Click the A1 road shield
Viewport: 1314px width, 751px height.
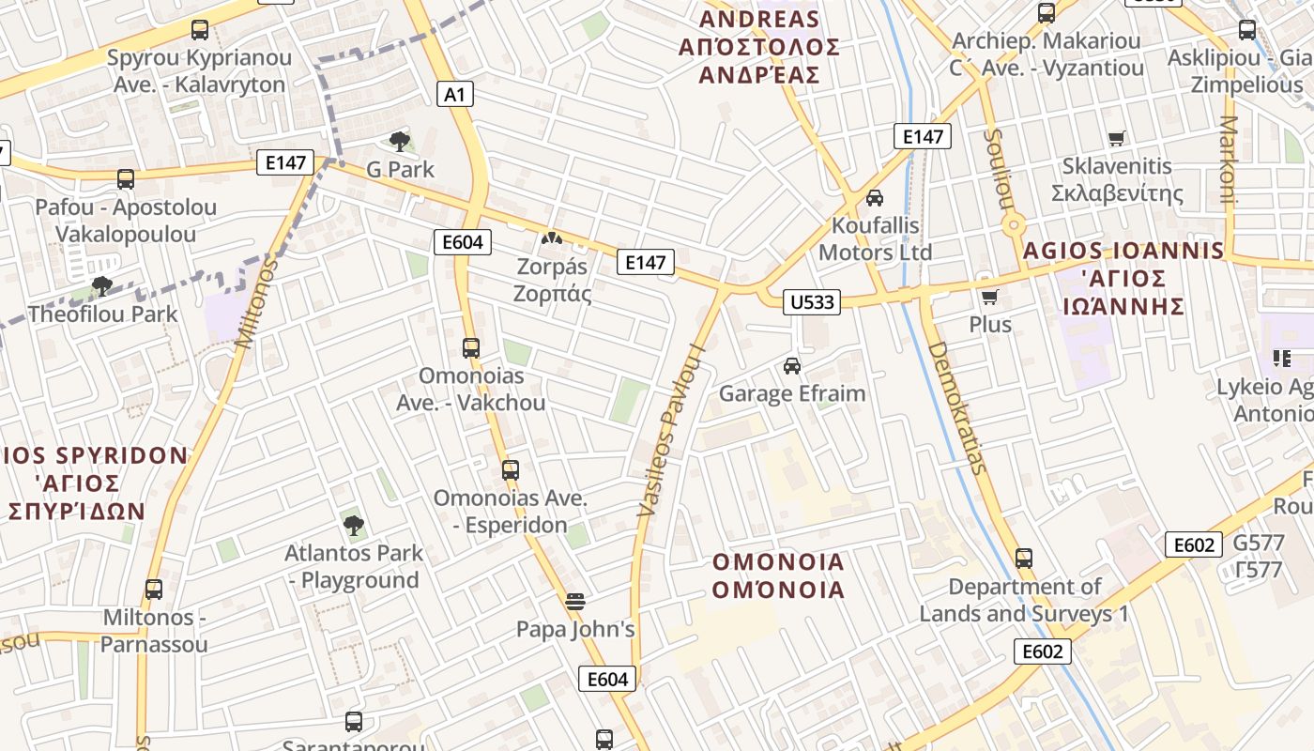(x=455, y=94)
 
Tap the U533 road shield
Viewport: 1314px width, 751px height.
(x=811, y=301)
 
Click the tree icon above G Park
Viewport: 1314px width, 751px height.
(x=400, y=142)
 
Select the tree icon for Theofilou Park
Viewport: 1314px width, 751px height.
(x=102, y=285)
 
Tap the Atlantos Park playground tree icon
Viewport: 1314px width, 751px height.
(x=354, y=525)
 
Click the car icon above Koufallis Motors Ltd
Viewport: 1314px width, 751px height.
(x=875, y=197)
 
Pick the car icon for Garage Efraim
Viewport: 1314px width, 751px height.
(x=792, y=365)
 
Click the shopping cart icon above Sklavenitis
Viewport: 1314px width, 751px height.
(x=1116, y=139)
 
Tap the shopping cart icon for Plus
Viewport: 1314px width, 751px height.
(x=989, y=298)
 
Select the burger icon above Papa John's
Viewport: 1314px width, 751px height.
(x=575, y=601)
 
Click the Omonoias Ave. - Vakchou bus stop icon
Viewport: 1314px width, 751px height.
(x=471, y=348)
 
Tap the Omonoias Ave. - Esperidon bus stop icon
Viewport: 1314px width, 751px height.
(x=511, y=470)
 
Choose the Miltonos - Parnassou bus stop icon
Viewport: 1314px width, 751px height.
(x=154, y=590)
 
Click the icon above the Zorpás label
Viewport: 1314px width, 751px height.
(x=552, y=239)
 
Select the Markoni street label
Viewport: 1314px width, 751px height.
(x=1230, y=160)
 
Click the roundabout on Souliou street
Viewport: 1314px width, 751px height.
(x=1013, y=225)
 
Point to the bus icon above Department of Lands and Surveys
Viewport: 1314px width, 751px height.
(x=1024, y=559)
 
